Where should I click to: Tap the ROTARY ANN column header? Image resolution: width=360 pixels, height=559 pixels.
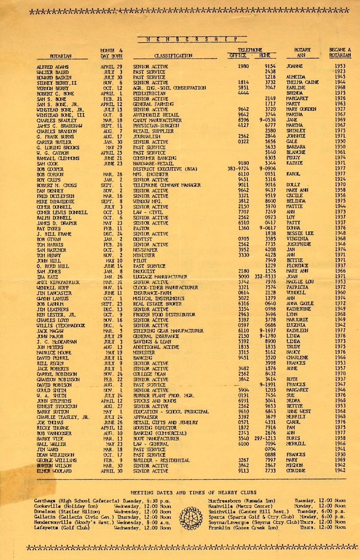coord(302,53)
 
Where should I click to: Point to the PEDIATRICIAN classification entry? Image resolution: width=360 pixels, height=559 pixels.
coord(150,94)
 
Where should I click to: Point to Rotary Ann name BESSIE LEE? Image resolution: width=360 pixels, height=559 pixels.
coord(301,233)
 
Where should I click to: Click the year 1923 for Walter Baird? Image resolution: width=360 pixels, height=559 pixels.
coord(340,71)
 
